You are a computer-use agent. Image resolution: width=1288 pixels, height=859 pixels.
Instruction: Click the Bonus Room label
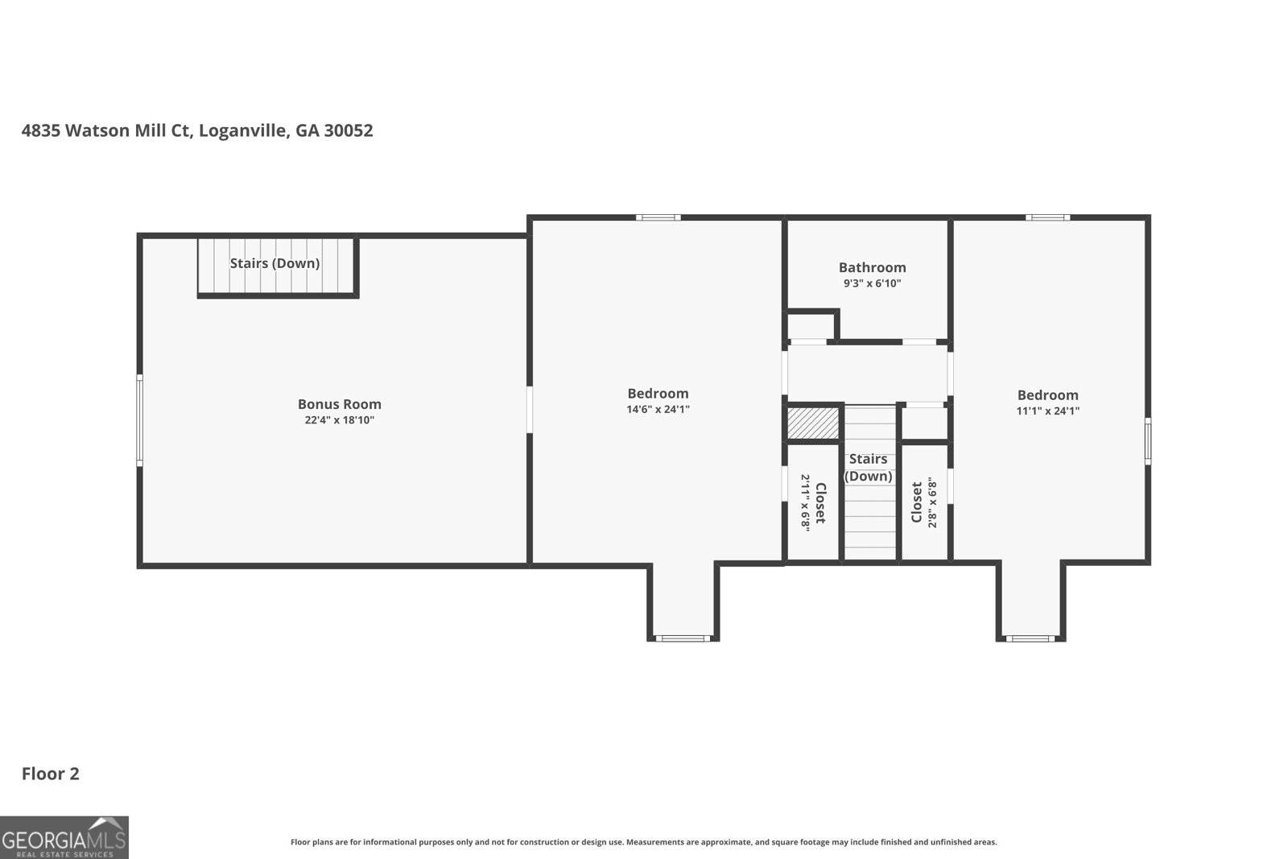339,404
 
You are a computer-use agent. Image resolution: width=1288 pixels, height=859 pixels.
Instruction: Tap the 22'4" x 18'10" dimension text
339,420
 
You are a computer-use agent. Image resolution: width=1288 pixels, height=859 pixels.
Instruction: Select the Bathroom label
873,267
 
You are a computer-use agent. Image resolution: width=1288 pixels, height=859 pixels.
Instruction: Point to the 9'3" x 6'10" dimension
873,283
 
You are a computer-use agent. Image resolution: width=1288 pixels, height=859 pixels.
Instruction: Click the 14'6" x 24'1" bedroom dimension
658,410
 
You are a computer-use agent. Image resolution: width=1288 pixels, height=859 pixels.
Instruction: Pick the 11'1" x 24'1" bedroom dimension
1047,411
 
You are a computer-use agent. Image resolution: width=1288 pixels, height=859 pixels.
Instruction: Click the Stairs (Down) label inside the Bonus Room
275,263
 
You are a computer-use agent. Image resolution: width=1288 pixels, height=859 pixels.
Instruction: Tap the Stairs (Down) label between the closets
869,468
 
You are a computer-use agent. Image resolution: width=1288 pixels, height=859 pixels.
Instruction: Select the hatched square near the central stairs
813,423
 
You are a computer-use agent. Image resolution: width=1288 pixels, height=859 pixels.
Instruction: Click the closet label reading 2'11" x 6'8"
813,503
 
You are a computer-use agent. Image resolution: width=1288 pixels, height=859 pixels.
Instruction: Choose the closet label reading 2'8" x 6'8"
925,503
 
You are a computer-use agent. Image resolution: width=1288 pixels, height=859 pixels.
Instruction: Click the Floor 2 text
51,774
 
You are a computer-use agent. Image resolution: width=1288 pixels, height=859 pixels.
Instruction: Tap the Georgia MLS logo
64,837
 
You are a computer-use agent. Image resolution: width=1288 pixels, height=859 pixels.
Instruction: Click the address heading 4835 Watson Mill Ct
105,130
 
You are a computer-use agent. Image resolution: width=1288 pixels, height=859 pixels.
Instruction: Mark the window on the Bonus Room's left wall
140,420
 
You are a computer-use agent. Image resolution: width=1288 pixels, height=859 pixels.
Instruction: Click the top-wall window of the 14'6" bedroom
658,217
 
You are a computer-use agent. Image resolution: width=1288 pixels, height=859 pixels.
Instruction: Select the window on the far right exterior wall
1148,441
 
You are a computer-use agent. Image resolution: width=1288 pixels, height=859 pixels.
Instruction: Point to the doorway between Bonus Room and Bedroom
530,410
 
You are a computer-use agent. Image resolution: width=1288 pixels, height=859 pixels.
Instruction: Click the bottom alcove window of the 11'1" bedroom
1030,638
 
